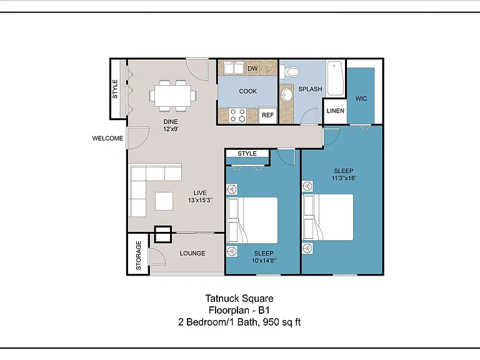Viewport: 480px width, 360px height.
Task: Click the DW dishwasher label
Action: tap(252, 69)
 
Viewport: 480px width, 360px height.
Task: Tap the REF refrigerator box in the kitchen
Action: tap(268, 115)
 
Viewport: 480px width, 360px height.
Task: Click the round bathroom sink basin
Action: tap(287, 94)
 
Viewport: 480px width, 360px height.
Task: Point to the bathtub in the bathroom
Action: tap(336, 79)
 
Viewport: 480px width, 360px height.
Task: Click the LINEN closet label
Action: tap(335, 111)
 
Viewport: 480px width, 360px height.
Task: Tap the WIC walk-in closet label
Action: tap(361, 99)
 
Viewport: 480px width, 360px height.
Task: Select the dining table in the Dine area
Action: tap(173, 96)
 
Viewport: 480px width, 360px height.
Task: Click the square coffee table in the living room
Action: tap(164, 201)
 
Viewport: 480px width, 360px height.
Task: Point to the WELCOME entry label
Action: tap(107, 138)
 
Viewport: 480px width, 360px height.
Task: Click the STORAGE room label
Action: tap(138, 255)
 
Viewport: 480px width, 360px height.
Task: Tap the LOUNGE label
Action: tap(192, 254)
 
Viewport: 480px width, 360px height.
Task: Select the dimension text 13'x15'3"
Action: tap(200, 200)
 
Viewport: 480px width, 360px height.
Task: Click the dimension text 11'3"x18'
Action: tap(344, 178)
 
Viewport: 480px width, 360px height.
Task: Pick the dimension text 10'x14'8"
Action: tap(264, 261)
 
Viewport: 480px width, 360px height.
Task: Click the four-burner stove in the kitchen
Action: tap(237, 115)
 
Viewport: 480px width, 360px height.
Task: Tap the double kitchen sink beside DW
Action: tap(233, 68)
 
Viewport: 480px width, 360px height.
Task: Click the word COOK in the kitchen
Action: tap(248, 91)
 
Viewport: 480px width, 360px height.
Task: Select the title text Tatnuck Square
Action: tap(239, 299)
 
